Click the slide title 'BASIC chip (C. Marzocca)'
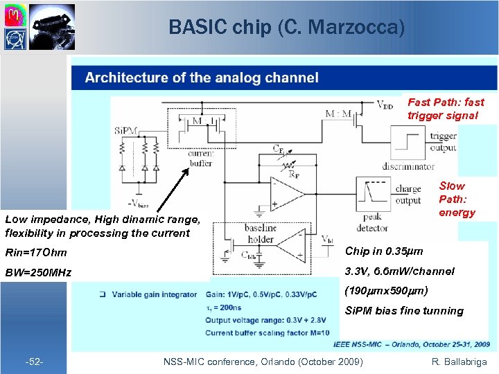[286, 27]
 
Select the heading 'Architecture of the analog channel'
[202, 78]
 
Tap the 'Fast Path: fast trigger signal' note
[446, 109]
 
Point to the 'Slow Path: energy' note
[456, 199]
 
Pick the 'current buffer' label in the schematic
[200, 158]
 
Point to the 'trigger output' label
[443, 141]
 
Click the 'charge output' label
[408, 195]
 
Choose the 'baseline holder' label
[260, 234]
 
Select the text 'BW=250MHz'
[38, 272]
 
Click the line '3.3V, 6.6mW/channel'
[400, 271]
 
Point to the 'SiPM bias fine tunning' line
[404, 311]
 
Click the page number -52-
[35, 362]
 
